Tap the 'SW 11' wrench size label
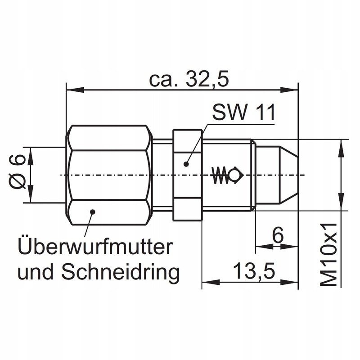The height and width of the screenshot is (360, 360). [243, 112]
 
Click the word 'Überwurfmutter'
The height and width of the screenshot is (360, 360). [95, 247]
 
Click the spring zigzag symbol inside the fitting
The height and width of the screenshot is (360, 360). [219, 175]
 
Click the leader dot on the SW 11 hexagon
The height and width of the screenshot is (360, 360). [186, 163]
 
